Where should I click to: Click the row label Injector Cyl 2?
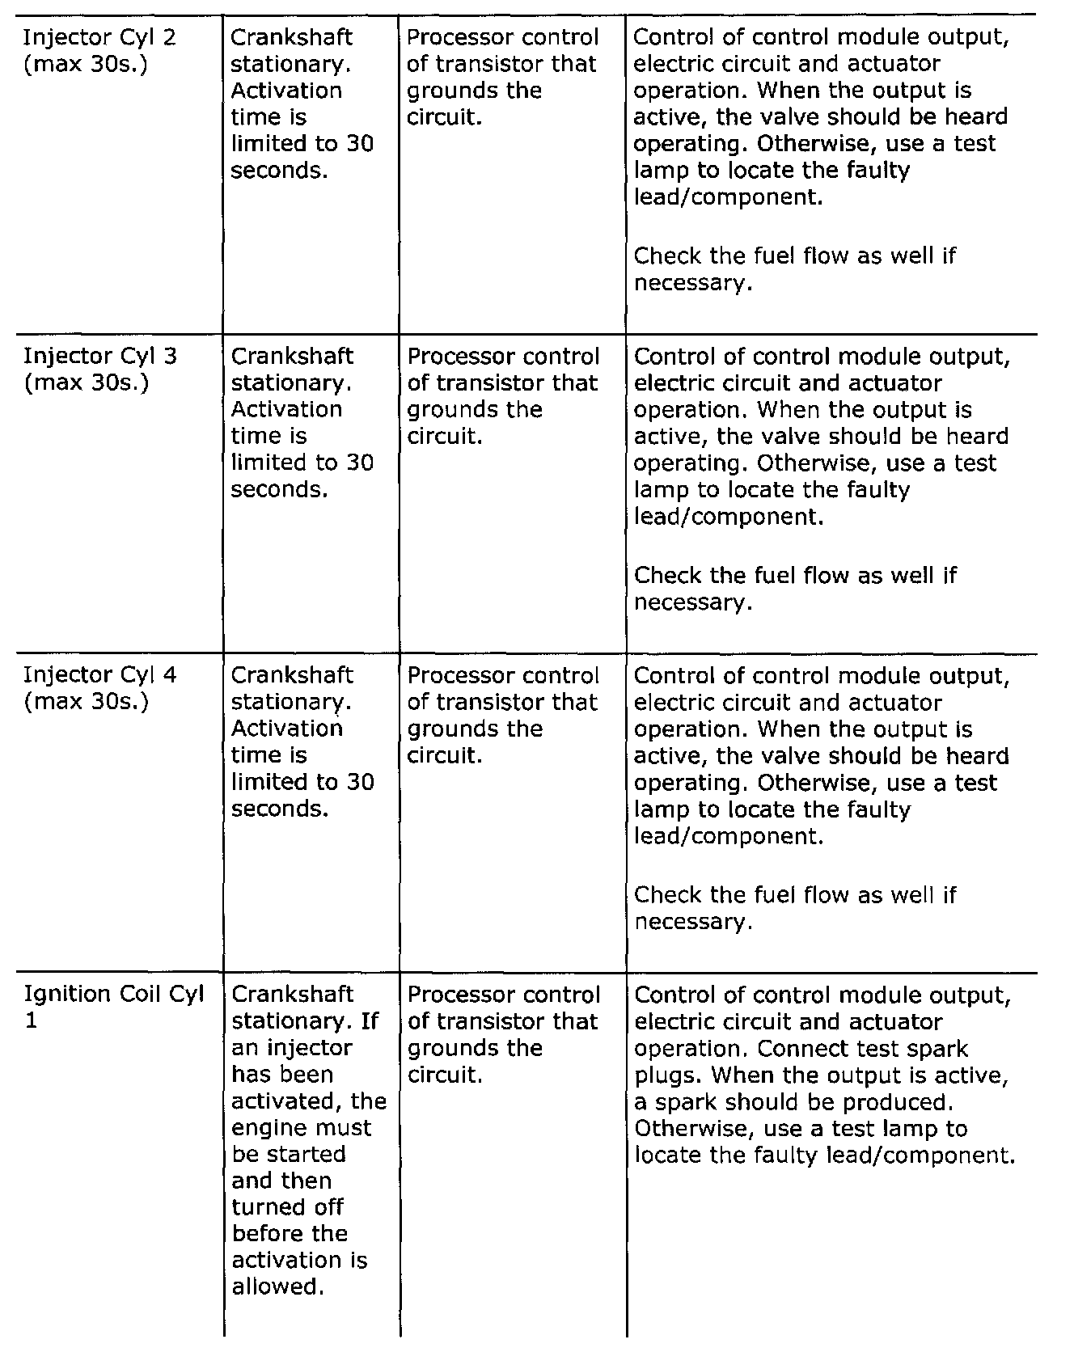pyautogui.click(x=99, y=38)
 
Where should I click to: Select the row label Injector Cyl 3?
pyautogui.click(x=99, y=357)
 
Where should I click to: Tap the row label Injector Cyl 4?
pyautogui.click(x=99, y=675)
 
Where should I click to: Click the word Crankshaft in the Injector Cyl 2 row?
pyautogui.click(x=292, y=38)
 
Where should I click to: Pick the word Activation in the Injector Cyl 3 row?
pyautogui.click(x=286, y=410)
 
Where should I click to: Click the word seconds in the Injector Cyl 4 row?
pyautogui.click(x=280, y=809)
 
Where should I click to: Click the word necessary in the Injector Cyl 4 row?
pyautogui.click(x=692, y=922)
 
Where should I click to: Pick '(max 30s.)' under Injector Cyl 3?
pyautogui.click(x=87, y=383)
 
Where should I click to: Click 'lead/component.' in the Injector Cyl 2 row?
pyautogui.click(x=729, y=197)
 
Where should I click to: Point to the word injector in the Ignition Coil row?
pyautogui.click(x=311, y=1049)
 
